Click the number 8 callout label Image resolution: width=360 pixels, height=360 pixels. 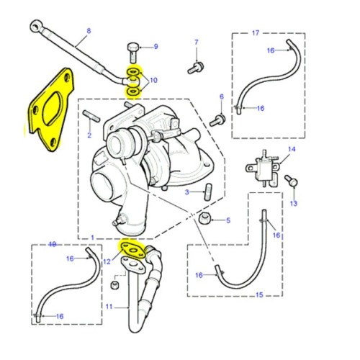click(89, 31)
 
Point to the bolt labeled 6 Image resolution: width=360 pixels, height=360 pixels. click(219, 117)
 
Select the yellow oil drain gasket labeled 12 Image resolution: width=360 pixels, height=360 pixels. click(132, 251)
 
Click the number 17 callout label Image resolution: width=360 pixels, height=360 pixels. click(255, 33)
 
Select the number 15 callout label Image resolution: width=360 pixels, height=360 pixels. click(260, 295)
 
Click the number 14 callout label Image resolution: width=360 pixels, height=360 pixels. click(292, 149)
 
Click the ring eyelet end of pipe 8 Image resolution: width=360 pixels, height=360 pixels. click(35, 27)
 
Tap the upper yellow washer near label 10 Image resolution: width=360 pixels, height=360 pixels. click(134, 73)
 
